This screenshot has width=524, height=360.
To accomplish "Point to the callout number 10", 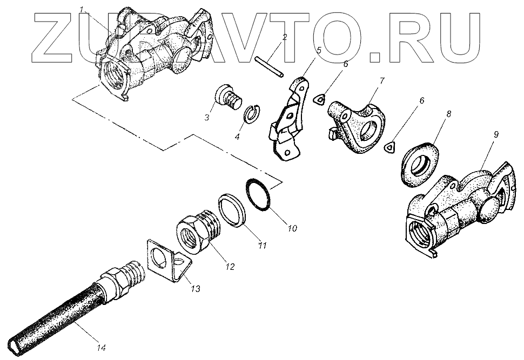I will click(x=292, y=228).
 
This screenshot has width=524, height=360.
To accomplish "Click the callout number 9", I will click(x=496, y=132).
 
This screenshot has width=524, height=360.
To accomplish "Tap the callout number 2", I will click(x=284, y=37).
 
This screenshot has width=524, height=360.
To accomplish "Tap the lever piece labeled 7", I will click(x=359, y=124).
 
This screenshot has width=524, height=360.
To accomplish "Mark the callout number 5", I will click(x=319, y=50).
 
